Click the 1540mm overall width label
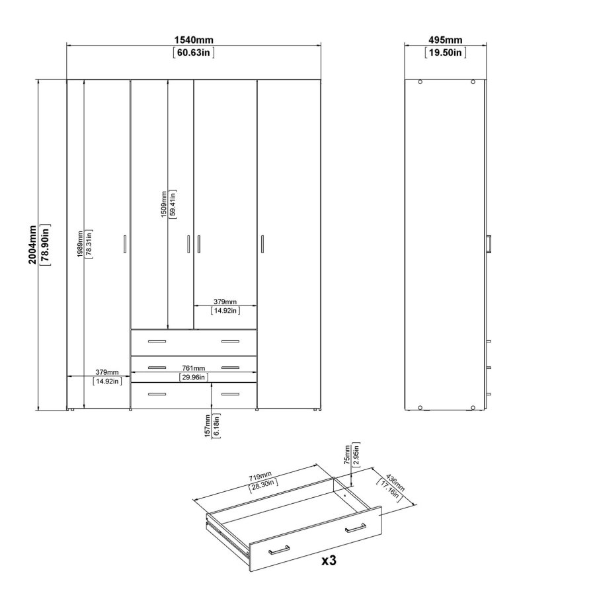(x=193, y=42)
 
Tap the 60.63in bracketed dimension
(x=193, y=54)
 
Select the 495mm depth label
(x=446, y=42)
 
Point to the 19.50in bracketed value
(x=446, y=54)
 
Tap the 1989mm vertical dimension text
(x=80, y=244)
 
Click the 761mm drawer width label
(x=194, y=368)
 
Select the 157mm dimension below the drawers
(x=208, y=426)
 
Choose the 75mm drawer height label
(x=346, y=454)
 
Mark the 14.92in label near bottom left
(x=107, y=381)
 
